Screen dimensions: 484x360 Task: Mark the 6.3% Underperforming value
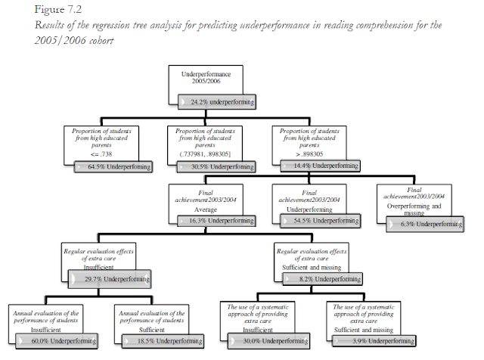pos(424,224)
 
